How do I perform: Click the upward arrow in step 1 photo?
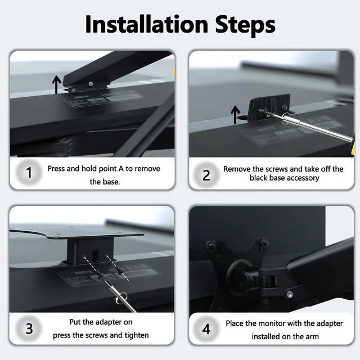56,85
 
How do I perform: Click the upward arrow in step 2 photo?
235,115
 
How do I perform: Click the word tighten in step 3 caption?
137,335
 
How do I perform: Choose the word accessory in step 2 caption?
303,178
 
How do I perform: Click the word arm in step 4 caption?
312,337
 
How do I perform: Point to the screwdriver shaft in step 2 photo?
315,128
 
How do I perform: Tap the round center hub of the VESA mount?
238,276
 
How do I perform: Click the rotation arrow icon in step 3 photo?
117,301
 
